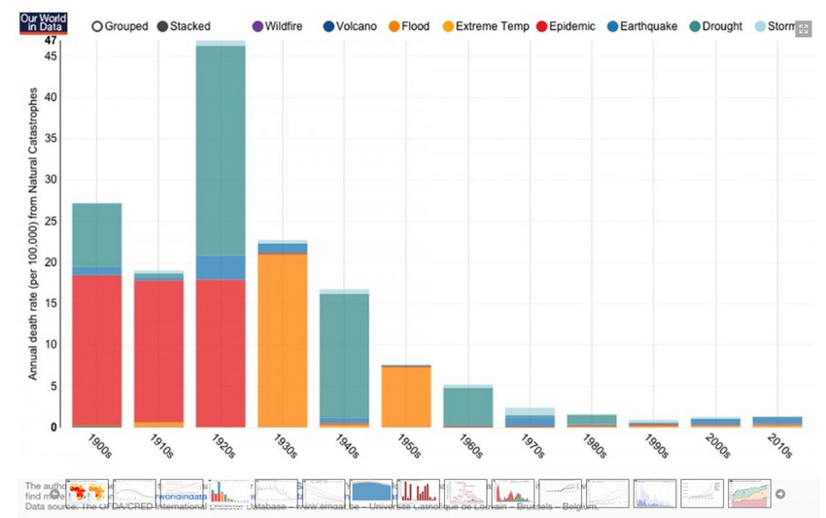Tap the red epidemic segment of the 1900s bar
(x=97, y=350)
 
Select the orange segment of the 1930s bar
(x=283, y=340)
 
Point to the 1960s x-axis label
(x=469, y=445)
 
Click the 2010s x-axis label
(x=779, y=445)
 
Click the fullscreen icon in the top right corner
(x=804, y=29)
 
